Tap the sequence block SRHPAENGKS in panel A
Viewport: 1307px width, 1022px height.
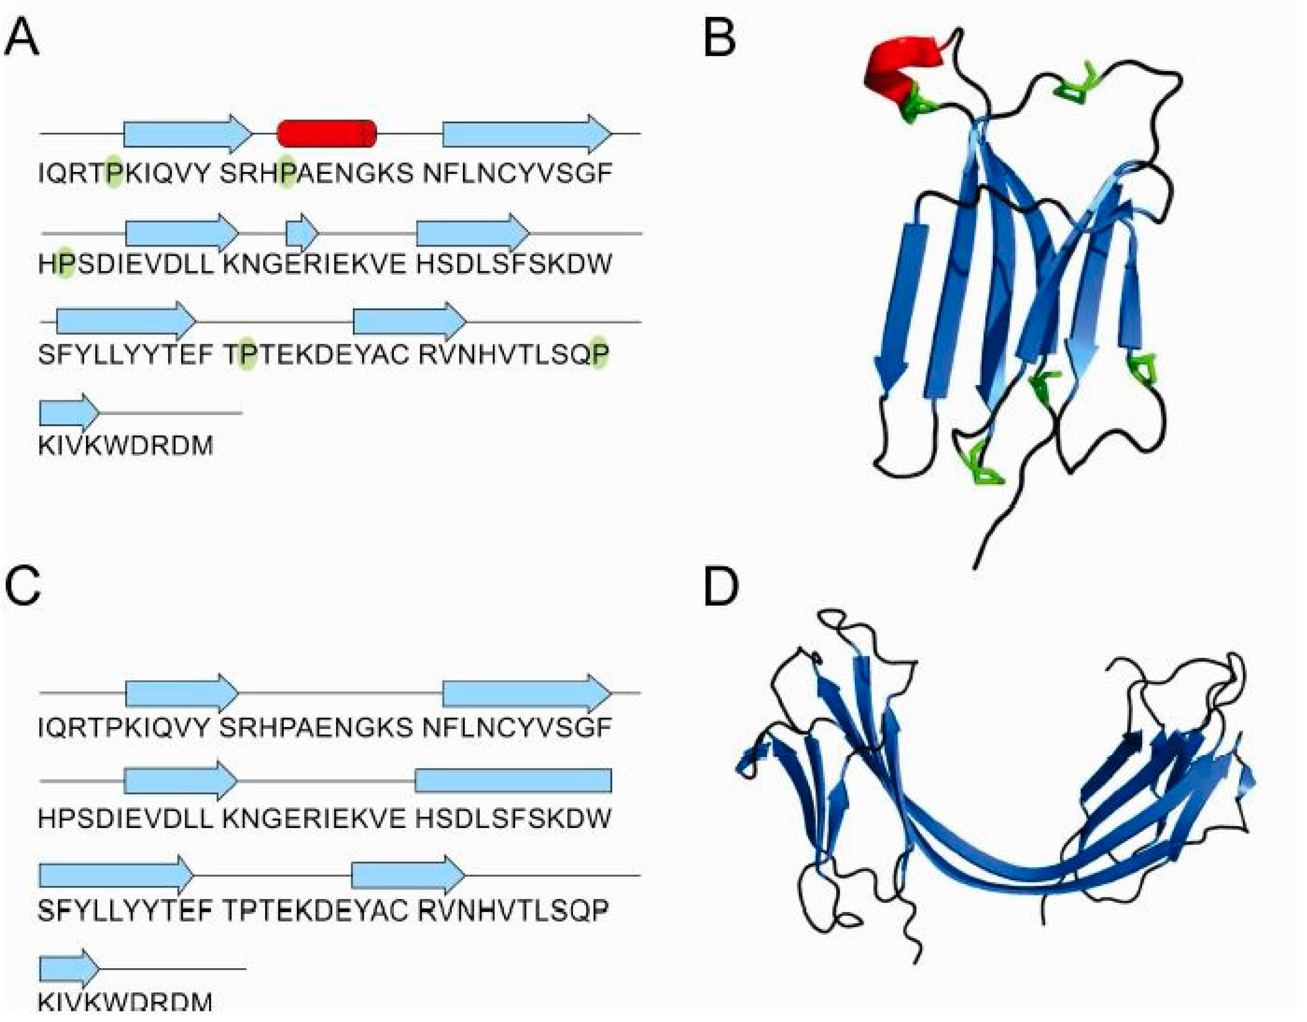tap(316, 174)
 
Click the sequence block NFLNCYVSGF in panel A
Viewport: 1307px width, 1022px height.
tap(518, 174)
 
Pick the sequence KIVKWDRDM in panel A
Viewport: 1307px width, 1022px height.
tap(126, 446)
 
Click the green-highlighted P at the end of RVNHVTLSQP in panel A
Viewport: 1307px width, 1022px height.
tap(600, 355)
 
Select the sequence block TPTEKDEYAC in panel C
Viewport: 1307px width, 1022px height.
tap(316, 911)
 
